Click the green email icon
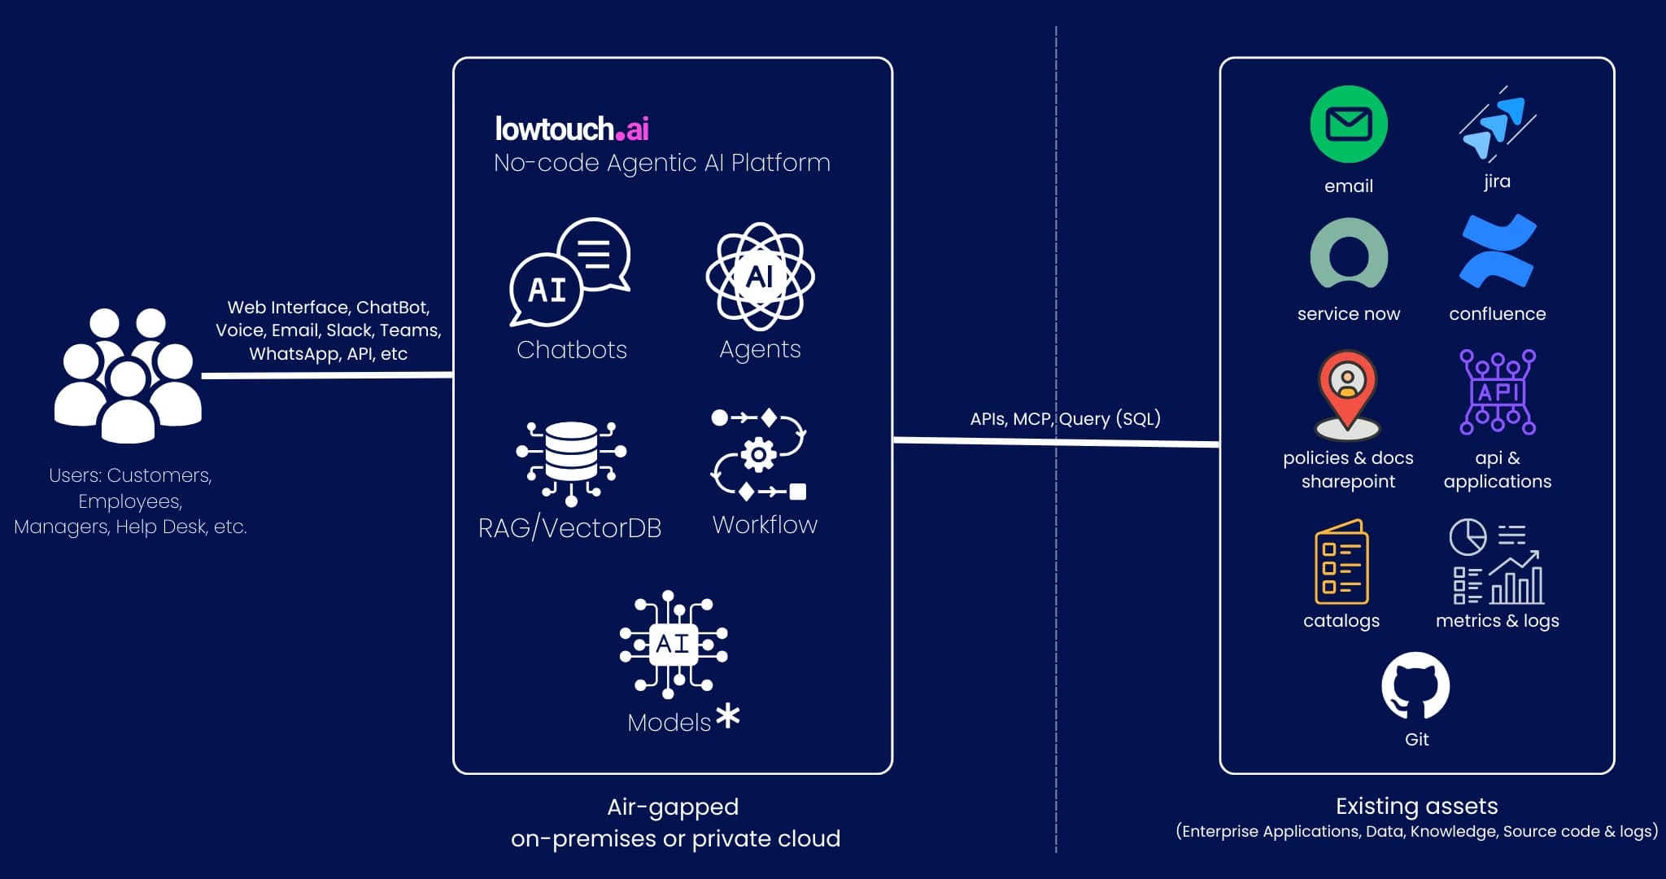1348,125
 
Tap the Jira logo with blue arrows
1496,126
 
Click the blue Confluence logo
1497,251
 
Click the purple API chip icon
1497,392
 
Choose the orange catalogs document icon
1341,563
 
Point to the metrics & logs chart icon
1497,562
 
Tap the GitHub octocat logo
1415,686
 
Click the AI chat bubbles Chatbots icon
570,273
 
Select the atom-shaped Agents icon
760,276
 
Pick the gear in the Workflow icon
758,454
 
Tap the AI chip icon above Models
673,644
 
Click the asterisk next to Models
727,716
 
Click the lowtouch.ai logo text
571,129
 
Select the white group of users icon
128,375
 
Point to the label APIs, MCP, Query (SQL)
1065,418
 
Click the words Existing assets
1416,806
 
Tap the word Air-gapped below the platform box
672,807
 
